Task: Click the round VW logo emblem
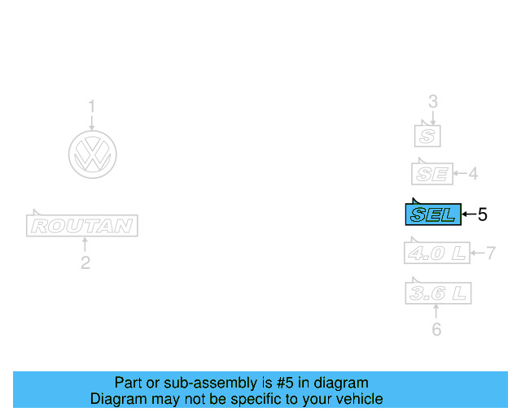click(92, 154)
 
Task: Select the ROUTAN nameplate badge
click(81, 225)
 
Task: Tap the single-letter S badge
click(428, 135)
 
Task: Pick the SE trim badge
click(430, 173)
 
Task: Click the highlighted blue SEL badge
click(433, 214)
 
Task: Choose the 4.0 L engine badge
click(437, 253)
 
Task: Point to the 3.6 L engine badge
click(438, 292)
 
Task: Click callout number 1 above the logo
click(92, 106)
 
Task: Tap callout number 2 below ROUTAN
click(85, 262)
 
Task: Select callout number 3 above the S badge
click(433, 102)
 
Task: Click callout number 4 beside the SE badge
click(472, 173)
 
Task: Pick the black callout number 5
click(482, 214)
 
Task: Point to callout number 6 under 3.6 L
click(436, 330)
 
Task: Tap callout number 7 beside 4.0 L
click(491, 253)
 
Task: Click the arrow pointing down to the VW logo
click(92, 123)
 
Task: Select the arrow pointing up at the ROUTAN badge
click(85, 245)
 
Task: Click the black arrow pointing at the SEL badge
click(468, 214)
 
